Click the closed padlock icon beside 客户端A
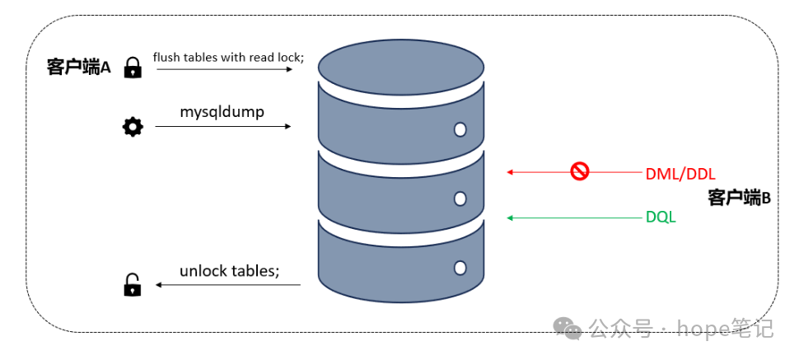click(x=132, y=68)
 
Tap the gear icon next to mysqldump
click(x=132, y=127)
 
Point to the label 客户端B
click(x=739, y=197)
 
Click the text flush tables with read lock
click(x=228, y=57)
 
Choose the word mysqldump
click(x=222, y=110)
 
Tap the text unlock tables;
click(x=230, y=271)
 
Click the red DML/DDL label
click(x=680, y=174)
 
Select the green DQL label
click(x=661, y=218)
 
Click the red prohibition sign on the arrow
click(x=580, y=171)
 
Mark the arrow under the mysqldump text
click(x=222, y=127)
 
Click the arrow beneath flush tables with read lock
click(x=224, y=70)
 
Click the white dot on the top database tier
click(x=460, y=129)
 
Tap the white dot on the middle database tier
click(x=460, y=199)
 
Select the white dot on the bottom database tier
click(x=460, y=268)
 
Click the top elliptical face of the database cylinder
click(x=401, y=62)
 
